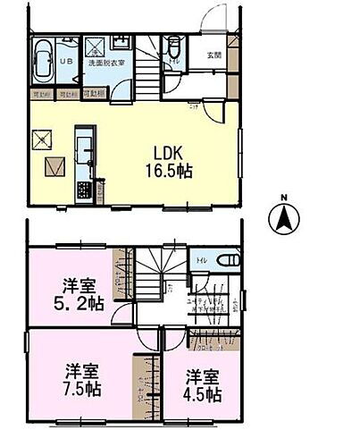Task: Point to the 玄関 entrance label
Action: (x=213, y=56)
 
